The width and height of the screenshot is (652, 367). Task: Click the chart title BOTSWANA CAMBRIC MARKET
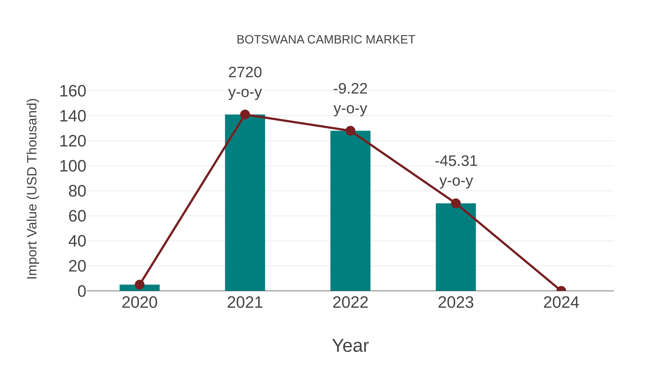coord(326,40)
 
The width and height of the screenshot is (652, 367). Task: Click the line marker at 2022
coord(350,131)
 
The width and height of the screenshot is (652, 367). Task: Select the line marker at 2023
coord(456,203)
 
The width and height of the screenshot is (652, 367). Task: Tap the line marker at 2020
coord(139,285)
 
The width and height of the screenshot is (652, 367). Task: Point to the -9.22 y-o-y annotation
coord(350,99)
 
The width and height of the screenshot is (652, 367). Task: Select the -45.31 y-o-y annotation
coord(456,171)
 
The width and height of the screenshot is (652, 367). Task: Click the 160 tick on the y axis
coord(73,91)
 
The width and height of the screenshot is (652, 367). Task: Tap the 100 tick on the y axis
coord(73,166)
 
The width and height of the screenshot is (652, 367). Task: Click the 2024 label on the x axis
coord(561,302)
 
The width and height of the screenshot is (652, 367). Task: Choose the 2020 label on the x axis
coord(139,302)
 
